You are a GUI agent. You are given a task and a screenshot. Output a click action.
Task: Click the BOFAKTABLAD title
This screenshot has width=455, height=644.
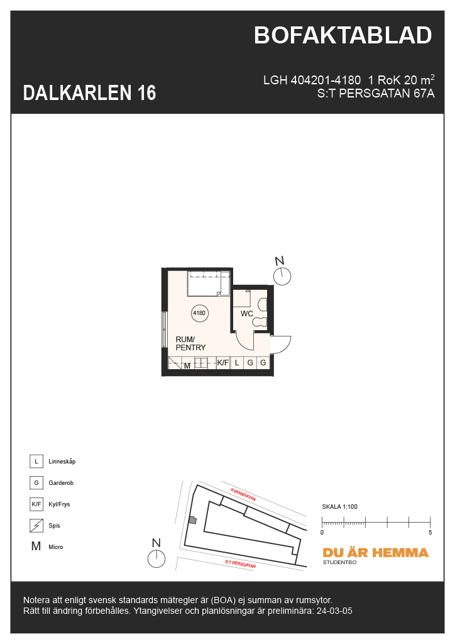[343, 35]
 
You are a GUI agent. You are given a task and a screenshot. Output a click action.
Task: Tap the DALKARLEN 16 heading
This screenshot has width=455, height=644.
[89, 93]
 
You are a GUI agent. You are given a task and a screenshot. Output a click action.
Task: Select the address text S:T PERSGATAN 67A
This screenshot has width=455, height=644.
[375, 94]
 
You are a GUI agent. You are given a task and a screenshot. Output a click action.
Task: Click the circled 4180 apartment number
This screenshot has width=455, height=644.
[199, 313]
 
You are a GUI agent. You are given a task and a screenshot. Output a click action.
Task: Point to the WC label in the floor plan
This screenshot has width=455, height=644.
[246, 314]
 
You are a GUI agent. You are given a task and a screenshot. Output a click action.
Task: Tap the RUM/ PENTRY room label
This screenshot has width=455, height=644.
[190, 343]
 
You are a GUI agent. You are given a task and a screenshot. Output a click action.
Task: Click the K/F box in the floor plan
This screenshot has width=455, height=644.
[222, 363]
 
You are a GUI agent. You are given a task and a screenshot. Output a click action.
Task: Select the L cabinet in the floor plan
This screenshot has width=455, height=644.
[237, 363]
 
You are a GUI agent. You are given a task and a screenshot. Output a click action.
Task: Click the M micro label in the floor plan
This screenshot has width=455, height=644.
[187, 365]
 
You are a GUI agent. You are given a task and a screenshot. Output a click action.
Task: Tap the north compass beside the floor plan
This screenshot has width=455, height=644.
[282, 272]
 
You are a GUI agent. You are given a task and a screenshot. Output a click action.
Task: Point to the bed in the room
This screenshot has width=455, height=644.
[209, 283]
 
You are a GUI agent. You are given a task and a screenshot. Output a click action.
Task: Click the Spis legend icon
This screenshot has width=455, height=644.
[36, 525]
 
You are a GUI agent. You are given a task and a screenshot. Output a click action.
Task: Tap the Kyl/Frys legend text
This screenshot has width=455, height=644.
[59, 504]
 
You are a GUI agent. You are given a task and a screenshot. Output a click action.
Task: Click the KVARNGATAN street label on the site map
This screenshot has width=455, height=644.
[243, 494]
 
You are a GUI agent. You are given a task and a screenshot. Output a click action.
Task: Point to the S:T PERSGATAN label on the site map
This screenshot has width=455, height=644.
[241, 563]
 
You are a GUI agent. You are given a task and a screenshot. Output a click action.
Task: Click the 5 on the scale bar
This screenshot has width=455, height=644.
[430, 532]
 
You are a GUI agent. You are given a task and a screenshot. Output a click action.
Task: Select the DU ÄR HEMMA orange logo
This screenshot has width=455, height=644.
[375, 553]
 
